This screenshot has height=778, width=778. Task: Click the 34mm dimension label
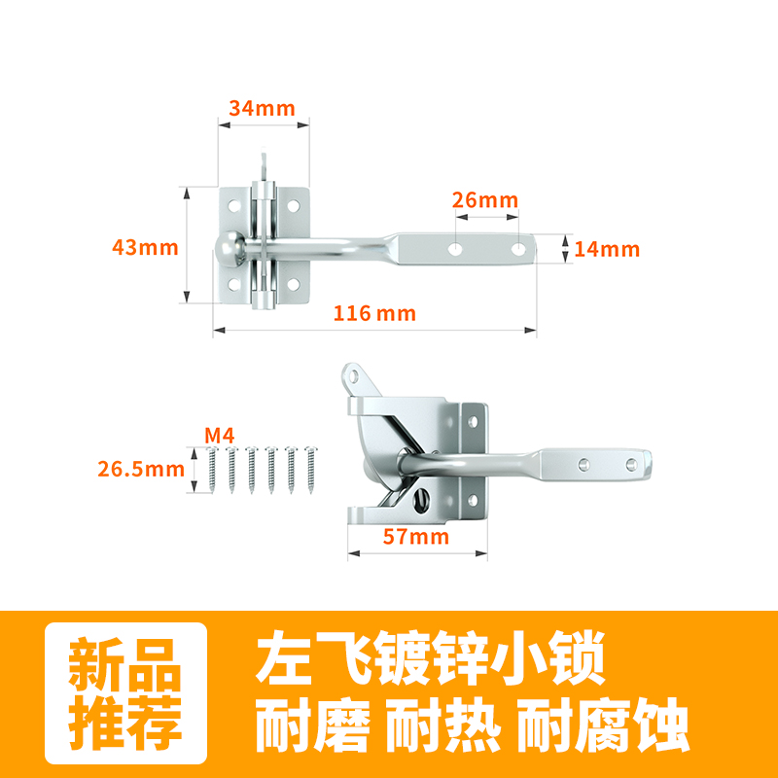point(262,108)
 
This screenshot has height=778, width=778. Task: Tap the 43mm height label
point(145,247)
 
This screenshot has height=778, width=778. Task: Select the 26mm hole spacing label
point(485,199)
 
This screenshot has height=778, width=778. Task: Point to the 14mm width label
point(607,249)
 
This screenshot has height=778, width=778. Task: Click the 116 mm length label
point(374,313)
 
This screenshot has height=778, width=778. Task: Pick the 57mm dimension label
point(416,536)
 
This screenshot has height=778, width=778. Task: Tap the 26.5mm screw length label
point(140,468)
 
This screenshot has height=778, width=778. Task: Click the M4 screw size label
point(220,435)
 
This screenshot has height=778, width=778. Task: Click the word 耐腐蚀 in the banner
point(602,724)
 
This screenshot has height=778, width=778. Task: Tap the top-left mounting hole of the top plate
point(232,206)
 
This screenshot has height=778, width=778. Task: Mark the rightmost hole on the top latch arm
point(518,250)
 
